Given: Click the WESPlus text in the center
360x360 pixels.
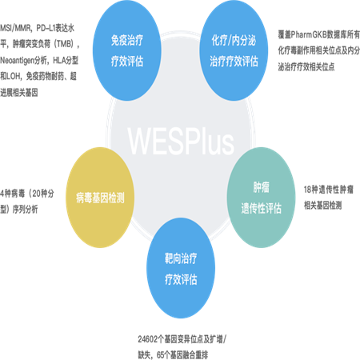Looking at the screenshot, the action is point(181,142).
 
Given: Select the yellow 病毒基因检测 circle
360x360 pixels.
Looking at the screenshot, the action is point(100,198).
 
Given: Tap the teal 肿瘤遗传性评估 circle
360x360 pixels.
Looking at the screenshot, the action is point(261,198).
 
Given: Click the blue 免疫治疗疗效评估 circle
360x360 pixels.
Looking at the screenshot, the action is point(127,50).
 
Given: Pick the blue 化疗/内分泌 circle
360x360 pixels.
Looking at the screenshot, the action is point(234,50).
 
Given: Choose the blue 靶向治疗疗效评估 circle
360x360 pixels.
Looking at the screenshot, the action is point(181,268).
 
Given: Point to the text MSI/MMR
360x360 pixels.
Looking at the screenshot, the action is point(15,28).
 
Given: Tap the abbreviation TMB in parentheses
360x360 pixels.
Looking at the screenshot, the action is point(65,44).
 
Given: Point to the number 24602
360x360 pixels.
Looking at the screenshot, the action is point(148,339).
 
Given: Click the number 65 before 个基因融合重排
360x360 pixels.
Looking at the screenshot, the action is point(160,355).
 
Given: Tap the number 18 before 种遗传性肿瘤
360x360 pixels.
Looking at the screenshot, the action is point(307,190).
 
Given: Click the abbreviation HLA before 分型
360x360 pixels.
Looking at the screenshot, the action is point(59,61).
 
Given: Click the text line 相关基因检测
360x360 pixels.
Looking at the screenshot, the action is point(322,206).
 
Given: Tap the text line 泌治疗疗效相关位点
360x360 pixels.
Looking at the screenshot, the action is point(306,66).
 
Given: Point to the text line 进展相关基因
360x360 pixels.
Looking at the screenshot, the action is point(19,93).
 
